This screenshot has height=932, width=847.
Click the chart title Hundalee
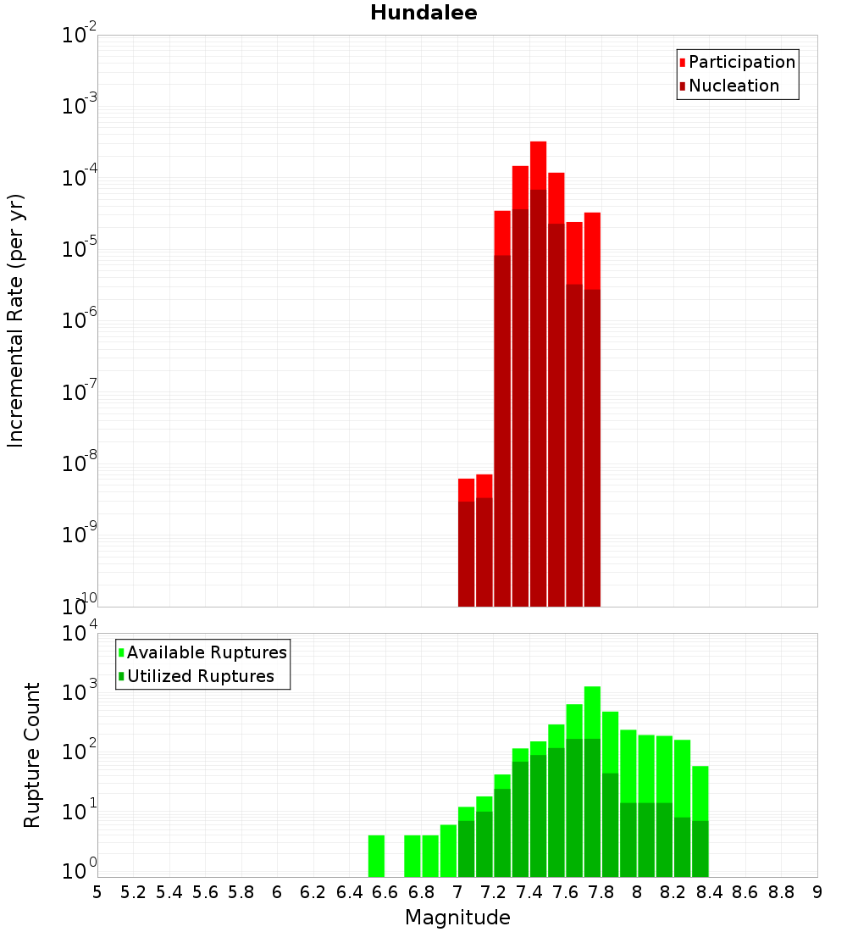pos(423,13)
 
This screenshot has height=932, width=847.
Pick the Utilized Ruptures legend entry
pos(200,676)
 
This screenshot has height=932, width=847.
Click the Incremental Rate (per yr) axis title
pos(16,321)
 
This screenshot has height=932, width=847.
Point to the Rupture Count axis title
pos(32,755)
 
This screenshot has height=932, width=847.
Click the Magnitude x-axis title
pos(457,918)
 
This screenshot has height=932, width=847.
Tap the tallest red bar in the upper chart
pos(538,373)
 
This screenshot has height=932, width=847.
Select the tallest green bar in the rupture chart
pos(592,779)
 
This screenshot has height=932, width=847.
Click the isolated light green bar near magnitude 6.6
pos(376,856)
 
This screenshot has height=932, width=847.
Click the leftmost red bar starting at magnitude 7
pos(466,542)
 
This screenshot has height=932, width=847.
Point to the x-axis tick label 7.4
pos(529,892)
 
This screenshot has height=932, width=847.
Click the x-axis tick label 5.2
pos(133,892)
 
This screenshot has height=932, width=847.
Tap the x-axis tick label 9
pos(817,892)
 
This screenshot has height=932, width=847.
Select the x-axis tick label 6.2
pos(313,892)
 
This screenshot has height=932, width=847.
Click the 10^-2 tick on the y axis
pos(80,36)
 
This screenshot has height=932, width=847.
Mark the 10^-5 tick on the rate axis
pos(80,249)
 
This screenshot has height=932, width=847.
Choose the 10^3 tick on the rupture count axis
pos(80,691)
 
